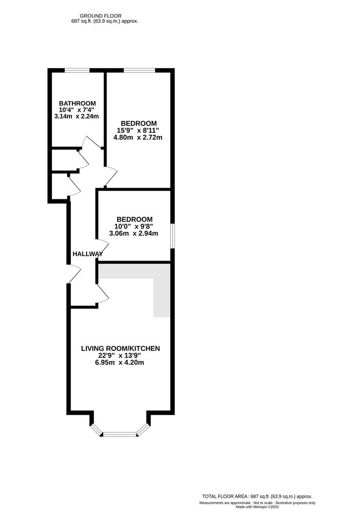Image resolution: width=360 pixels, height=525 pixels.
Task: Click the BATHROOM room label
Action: click(77, 104)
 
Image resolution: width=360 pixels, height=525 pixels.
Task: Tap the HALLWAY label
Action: click(87, 254)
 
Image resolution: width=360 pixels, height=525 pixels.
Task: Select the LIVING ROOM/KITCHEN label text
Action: click(120, 349)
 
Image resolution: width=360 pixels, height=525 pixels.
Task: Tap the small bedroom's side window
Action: click(171, 236)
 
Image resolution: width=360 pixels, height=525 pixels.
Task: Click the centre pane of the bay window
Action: click(120, 434)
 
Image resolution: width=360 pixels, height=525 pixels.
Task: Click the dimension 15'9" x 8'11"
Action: click(139, 130)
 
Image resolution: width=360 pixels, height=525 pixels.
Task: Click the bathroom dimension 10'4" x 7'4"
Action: click(77, 110)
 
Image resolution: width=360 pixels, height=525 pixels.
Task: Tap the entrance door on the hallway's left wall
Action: click(73, 274)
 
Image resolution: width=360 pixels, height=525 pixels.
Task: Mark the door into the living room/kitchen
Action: click(103, 293)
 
